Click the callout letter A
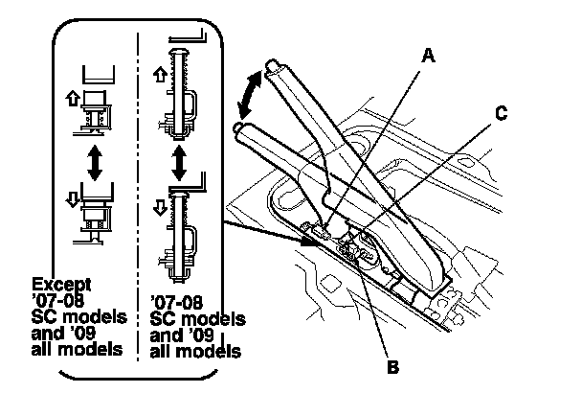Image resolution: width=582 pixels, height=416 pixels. pyautogui.click(x=428, y=56)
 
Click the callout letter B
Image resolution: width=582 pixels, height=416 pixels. pyautogui.click(x=392, y=366)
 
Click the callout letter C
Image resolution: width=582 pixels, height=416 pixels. pyautogui.click(x=501, y=113)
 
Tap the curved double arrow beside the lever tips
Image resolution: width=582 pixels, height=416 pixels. pyautogui.click(x=250, y=95)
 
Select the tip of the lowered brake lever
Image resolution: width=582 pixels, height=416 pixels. pyautogui.click(x=238, y=127)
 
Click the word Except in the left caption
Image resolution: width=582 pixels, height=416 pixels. pyautogui.click(x=61, y=286)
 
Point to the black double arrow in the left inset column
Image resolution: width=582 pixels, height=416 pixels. pyautogui.click(x=95, y=163)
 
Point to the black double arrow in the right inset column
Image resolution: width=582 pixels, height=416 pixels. pyautogui.click(x=180, y=163)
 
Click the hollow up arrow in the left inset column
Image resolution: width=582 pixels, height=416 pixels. pyautogui.click(x=73, y=99)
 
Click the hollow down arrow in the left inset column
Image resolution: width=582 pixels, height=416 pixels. pyautogui.click(x=73, y=200)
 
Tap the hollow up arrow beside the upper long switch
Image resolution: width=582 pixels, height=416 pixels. pyautogui.click(x=160, y=75)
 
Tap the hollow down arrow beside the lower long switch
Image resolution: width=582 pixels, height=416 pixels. pyautogui.click(x=160, y=207)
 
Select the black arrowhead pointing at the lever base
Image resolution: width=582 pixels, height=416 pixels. pyautogui.click(x=308, y=241)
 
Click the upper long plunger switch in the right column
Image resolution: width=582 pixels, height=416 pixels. pyautogui.click(x=179, y=95)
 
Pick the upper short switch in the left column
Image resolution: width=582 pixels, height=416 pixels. pyautogui.click(x=96, y=110)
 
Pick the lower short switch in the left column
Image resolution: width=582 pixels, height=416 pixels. pyautogui.click(x=94, y=220)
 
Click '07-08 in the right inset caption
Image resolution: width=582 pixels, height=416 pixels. pyautogui.click(x=177, y=303)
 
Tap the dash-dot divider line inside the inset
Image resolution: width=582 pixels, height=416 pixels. pyautogui.click(x=138, y=197)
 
